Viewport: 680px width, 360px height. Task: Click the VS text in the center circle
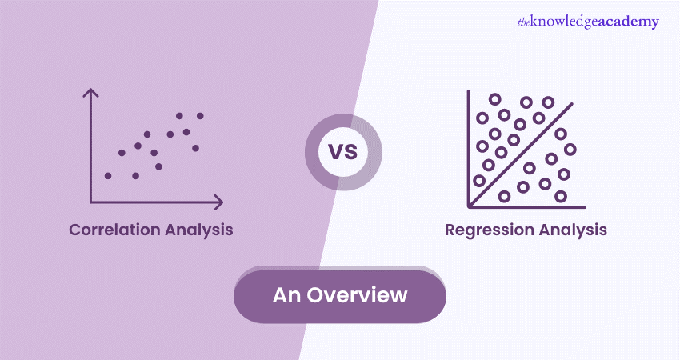(343, 152)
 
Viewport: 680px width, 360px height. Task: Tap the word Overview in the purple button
(357, 295)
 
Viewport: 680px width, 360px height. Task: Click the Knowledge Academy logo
(588, 22)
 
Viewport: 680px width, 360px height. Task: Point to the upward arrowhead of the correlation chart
(90, 92)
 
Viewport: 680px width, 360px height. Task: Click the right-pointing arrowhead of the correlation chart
(219, 202)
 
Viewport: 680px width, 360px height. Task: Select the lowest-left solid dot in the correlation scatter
(108, 176)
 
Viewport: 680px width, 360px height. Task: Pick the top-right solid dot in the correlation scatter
(200, 116)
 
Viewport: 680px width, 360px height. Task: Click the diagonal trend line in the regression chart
(522, 155)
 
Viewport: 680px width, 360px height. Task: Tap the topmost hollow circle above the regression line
(495, 99)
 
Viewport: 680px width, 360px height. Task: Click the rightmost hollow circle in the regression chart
(570, 150)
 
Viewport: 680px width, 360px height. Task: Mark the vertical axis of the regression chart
(468, 149)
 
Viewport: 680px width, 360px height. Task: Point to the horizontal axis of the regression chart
(526, 207)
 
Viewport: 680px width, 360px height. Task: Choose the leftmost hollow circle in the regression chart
(479, 181)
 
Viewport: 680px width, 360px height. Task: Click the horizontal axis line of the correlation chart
(156, 202)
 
